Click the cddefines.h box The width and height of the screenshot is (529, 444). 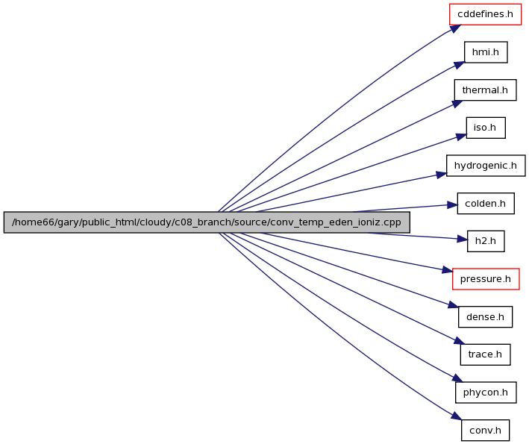pos(485,14)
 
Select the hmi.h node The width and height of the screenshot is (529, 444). pos(486,52)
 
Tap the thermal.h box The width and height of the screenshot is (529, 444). pos(485,90)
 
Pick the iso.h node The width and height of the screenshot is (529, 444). pos(486,128)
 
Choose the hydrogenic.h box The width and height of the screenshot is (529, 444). pos(486,166)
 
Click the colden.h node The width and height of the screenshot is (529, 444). pos(486,204)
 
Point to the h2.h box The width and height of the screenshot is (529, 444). pos(486,241)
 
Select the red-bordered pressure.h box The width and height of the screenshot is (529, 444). pos(486,279)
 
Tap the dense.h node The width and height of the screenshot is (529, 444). pos(485,317)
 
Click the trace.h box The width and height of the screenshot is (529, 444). pos(485,354)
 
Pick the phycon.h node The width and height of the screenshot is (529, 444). pos(486,393)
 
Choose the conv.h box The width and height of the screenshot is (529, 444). pos(485,430)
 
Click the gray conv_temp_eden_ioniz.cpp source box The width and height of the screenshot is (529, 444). pos(207,222)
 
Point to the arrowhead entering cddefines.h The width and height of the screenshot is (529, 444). pos(455,28)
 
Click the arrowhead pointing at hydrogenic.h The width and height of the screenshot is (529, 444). pos(441,175)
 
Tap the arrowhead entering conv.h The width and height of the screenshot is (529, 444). pos(456,416)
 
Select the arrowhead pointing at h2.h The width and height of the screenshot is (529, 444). pos(462,240)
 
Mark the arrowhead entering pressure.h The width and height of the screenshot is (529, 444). pos(448,270)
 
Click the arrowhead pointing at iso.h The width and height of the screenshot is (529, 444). pos(461,137)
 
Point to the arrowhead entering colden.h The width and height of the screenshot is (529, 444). pos(452,205)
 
